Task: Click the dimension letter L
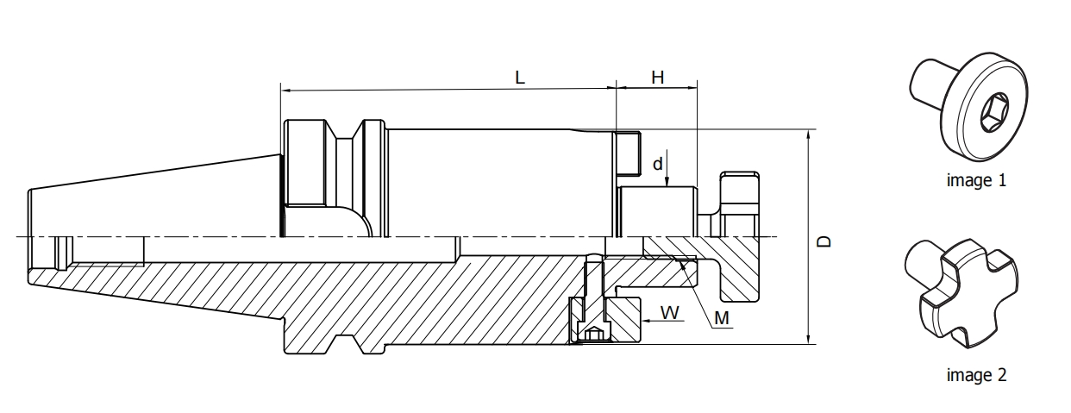coord(520,77)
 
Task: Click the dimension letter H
coord(657,77)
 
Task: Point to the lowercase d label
coord(658,162)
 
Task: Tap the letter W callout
coord(669,310)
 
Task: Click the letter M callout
coord(723,319)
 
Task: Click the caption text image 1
coord(976,181)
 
